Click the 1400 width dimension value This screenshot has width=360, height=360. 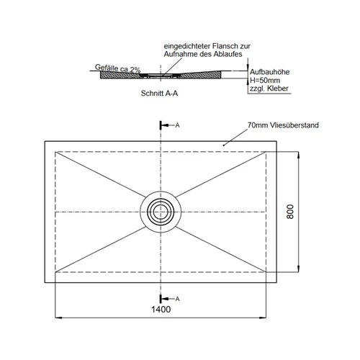[161, 310]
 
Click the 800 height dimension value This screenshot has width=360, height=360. [290, 212]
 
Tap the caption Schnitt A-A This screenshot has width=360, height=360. [159, 93]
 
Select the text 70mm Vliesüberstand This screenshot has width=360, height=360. [283, 125]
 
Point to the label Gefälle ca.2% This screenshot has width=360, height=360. [117, 68]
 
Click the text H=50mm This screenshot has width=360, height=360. [265, 80]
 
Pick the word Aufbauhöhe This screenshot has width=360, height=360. [269, 72]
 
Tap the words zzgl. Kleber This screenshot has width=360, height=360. [269, 89]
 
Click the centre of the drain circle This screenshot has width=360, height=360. [161, 212]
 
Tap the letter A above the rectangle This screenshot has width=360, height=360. [177, 125]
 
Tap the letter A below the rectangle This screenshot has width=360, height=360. [177, 299]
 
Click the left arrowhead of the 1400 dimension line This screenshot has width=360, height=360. [58, 318]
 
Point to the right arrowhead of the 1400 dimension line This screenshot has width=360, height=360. [263, 318]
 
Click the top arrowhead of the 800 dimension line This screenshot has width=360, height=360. [298, 155]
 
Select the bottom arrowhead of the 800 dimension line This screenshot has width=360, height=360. [298, 269]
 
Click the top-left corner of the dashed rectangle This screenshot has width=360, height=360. [55, 152]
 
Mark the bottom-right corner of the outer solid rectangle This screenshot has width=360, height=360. [276, 282]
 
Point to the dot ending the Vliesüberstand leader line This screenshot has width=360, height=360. [224, 145]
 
